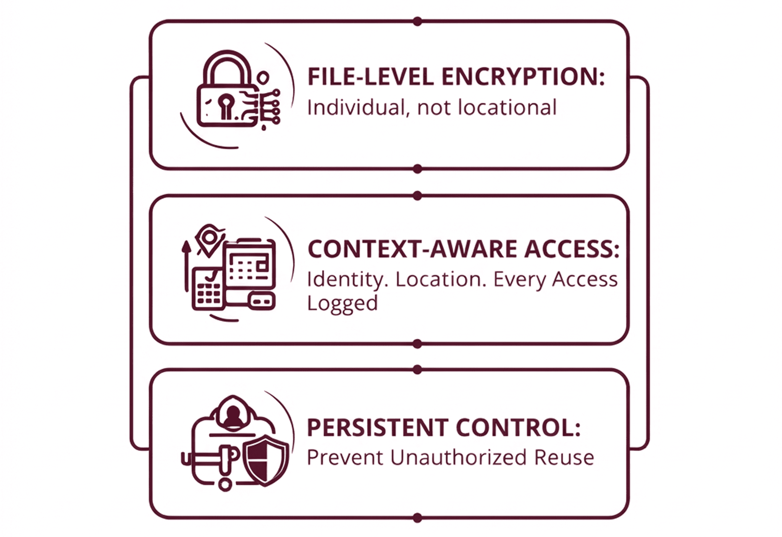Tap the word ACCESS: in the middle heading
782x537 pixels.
pos(572,249)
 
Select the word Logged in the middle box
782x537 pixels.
pos(342,303)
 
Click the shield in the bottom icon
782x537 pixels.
pos(266,461)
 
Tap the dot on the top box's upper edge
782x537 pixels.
pos(417,21)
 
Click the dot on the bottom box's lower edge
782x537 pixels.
pos(417,518)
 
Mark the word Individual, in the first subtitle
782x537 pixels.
pos(358,108)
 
